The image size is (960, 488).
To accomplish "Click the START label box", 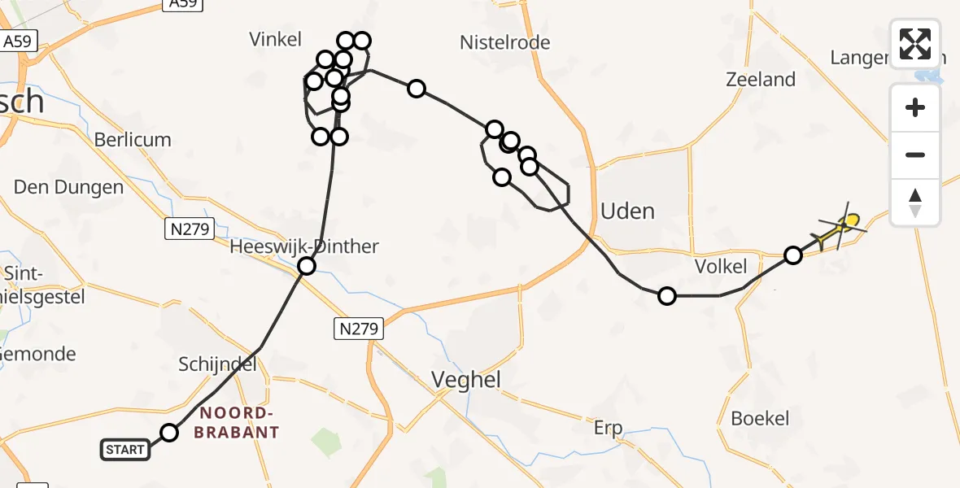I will (125, 449).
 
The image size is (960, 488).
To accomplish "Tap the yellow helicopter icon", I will (837, 231).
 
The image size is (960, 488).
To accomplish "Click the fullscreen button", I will (915, 43).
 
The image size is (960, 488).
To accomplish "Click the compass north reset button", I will (915, 203).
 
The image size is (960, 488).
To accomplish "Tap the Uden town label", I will (627, 211).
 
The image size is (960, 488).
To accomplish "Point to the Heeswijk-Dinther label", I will (304, 246).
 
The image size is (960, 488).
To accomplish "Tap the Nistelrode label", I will (504, 42).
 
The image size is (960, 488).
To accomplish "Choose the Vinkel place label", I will (275, 39).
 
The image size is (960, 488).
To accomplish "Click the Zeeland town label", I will (760, 80).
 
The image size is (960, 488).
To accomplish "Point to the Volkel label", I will (721, 267).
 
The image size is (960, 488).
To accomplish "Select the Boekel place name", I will (760, 418).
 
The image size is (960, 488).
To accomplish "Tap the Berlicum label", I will (133, 140).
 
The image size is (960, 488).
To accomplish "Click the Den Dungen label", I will (68, 188).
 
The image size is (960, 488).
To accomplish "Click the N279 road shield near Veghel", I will (357, 329).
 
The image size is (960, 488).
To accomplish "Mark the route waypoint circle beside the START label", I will (168, 433).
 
